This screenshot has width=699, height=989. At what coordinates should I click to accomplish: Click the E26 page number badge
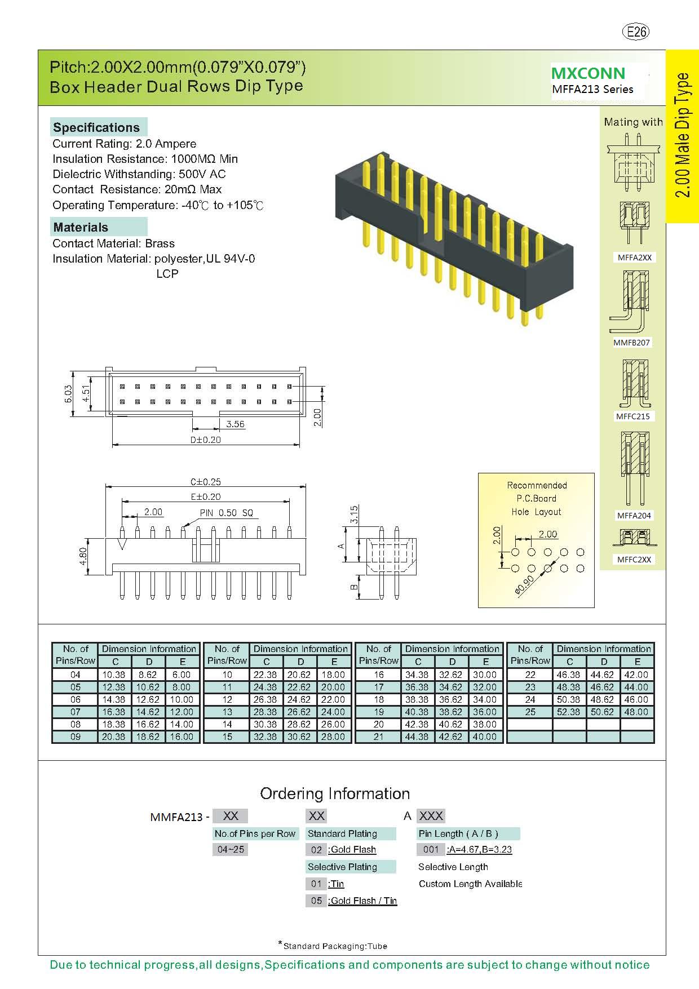pyautogui.click(x=636, y=32)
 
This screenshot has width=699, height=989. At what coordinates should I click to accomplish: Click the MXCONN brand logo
pyautogui.click(x=588, y=73)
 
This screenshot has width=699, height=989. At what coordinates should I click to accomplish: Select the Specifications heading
pyautogui.click(x=96, y=127)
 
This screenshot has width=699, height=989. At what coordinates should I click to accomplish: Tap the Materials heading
pyautogui.click(x=81, y=228)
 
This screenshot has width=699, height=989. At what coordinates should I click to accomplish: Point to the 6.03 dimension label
pyautogui.click(x=68, y=393)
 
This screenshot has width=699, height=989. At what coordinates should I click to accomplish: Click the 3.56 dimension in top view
pyautogui.click(x=235, y=424)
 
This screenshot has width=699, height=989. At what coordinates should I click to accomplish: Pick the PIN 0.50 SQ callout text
pyautogui.click(x=227, y=513)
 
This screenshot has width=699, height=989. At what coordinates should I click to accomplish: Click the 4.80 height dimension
pyautogui.click(x=83, y=556)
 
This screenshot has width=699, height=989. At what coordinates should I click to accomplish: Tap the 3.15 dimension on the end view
pyautogui.click(x=354, y=513)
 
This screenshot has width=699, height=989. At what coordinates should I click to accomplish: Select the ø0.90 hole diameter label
pyautogui.click(x=524, y=586)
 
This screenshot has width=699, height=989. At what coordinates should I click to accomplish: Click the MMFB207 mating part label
pyautogui.click(x=631, y=343)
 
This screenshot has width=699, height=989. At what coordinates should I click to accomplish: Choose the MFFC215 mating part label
pyautogui.click(x=632, y=416)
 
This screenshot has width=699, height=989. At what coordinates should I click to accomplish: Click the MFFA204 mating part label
pyautogui.click(x=634, y=516)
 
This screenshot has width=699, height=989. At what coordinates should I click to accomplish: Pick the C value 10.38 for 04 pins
pyautogui.click(x=113, y=675)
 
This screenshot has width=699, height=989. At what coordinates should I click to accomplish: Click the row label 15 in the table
pyautogui.click(x=227, y=737)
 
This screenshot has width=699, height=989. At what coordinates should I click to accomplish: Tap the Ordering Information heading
pyautogui.click(x=335, y=794)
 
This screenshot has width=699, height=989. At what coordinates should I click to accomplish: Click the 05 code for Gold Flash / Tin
pyautogui.click(x=316, y=901)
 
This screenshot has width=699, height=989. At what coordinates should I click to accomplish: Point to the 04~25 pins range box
pyautogui.click(x=231, y=849)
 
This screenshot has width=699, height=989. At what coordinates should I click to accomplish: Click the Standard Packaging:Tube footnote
pyautogui.click(x=334, y=946)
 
